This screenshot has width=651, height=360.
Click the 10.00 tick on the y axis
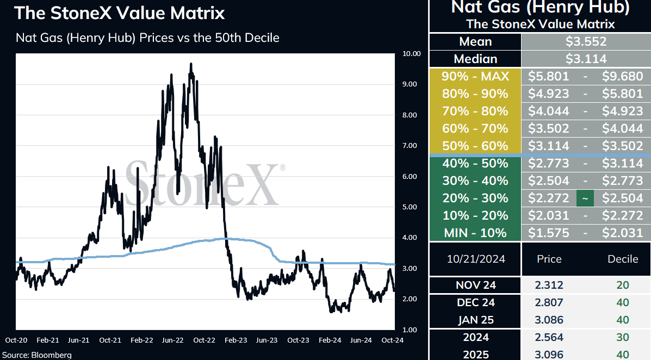(x=412, y=53)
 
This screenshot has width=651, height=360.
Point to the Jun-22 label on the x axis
(x=173, y=340)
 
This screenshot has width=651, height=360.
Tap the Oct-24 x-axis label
(x=392, y=340)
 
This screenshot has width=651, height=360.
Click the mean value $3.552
(x=586, y=41)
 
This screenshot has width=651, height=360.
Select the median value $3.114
(x=586, y=59)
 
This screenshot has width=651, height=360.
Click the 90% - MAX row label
(x=475, y=76)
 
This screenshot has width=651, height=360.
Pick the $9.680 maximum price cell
(x=622, y=76)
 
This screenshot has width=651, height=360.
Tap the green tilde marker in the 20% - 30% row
(x=585, y=198)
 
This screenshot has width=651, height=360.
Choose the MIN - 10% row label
(x=475, y=233)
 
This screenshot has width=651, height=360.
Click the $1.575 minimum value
(x=548, y=233)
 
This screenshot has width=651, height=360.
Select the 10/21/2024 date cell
(x=476, y=259)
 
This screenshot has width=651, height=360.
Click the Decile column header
(x=623, y=259)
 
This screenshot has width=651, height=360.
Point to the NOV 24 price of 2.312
(x=549, y=285)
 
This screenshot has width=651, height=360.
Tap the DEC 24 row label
(x=476, y=303)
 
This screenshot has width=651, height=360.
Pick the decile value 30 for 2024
(x=623, y=337)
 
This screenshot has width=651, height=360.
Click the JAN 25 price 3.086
(x=549, y=320)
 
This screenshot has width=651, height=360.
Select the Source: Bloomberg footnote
(x=37, y=356)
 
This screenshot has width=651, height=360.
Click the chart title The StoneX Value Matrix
(x=120, y=13)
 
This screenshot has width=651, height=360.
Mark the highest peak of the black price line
(x=191, y=63)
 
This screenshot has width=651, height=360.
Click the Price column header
(x=549, y=259)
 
